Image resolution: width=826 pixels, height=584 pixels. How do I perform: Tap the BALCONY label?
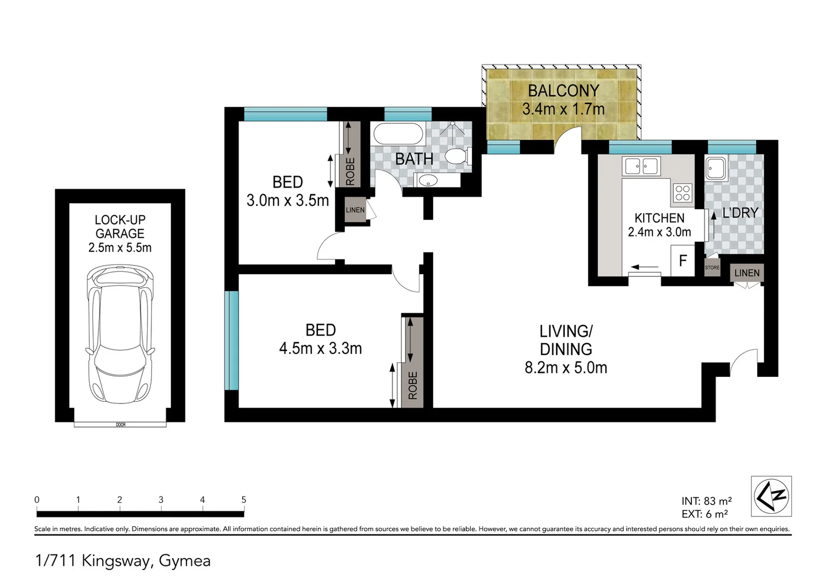click(563, 91)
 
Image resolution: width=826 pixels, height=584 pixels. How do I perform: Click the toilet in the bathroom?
click(457, 156)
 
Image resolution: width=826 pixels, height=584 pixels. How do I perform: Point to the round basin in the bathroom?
click(429, 180)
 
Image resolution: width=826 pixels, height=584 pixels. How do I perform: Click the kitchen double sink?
click(641, 166)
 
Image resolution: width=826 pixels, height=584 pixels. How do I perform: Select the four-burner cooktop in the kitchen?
click(682, 193)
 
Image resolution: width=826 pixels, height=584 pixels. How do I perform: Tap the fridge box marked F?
click(682, 261)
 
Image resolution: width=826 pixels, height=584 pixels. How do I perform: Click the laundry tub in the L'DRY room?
click(716, 169)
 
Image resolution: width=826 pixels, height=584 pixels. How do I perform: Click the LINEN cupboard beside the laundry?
click(747, 273)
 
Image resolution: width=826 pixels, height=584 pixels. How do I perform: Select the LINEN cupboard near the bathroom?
click(355, 210)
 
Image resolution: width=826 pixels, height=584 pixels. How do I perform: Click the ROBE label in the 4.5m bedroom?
click(413, 385)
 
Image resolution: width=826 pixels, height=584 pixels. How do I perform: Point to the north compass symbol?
click(771, 496)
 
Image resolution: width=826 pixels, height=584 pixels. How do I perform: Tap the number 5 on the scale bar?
click(244, 500)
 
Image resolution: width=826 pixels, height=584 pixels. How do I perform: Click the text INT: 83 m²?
click(707, 501)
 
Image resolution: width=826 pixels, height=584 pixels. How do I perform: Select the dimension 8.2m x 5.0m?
click(565, 368)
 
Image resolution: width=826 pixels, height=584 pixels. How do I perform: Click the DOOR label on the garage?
click(121, 425)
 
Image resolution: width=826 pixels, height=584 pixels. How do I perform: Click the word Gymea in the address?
click(184, 561)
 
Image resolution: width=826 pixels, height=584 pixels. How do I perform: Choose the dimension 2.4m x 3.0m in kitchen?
click(659, 233)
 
